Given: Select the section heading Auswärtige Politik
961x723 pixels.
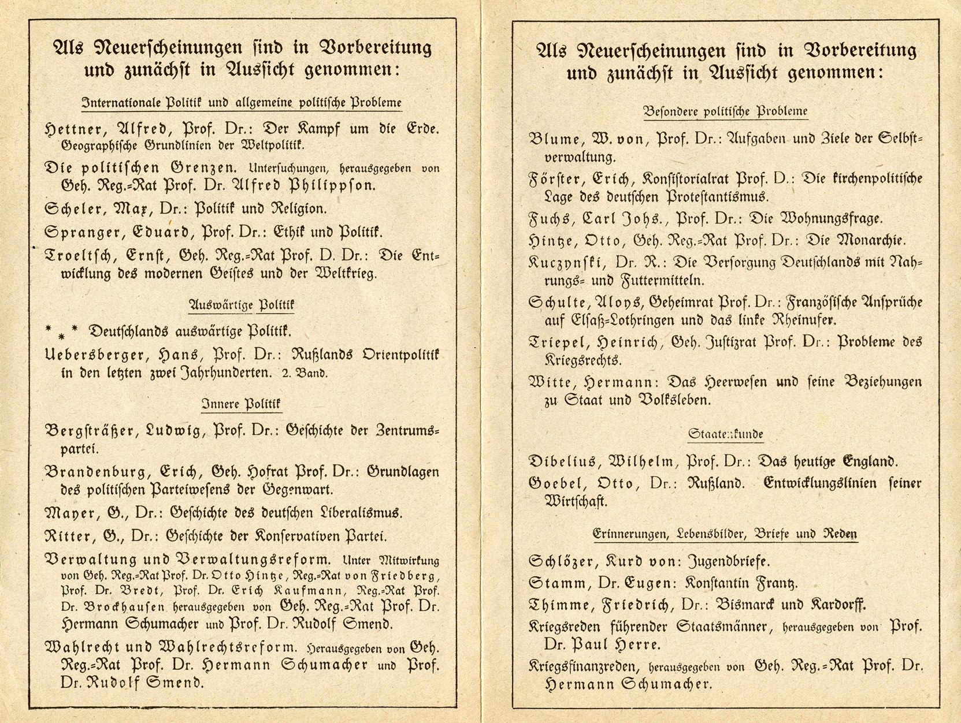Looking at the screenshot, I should [x=241, y=304].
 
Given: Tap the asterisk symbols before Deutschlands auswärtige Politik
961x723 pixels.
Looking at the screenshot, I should [x=62, y=331].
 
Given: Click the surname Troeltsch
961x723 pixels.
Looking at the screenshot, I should [x=79, y=255].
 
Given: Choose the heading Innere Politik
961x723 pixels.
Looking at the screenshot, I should [x=241, y=404].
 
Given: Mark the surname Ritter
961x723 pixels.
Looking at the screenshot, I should [x=67, y=536].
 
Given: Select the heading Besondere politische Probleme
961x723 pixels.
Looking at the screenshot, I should [x=725, y=111].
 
